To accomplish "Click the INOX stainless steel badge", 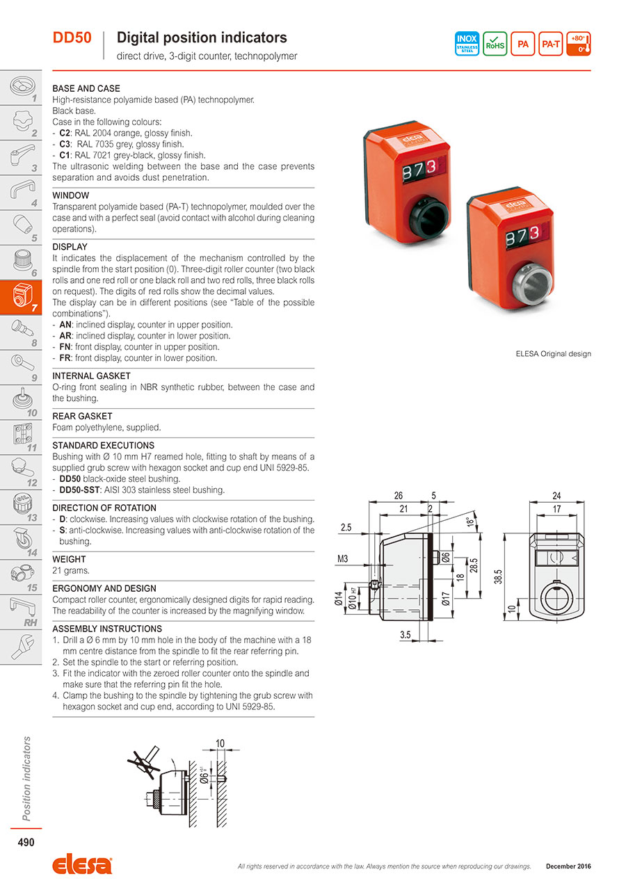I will [x=467, y=44].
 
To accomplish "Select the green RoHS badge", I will [x=495, y=44].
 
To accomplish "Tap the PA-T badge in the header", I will [x=551, y=44].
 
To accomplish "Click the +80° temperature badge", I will [x=579, y=44].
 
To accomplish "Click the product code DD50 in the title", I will [x=72, y=38].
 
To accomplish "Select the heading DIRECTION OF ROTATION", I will [x=104, y=508].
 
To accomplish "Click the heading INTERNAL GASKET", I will [x=92, y=376].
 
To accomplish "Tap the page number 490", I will [x=26, y=843].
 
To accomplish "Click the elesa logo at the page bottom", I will [x=81, y=866].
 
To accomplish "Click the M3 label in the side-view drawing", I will [x=343, y=558].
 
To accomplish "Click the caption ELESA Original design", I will [x=553, y=354].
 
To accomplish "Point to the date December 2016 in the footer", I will [x=568, y=866].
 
